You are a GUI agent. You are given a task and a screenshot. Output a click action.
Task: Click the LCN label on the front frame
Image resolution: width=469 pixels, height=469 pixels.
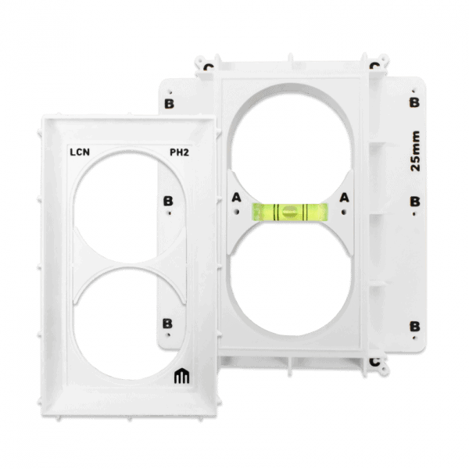click(x=80, y=152)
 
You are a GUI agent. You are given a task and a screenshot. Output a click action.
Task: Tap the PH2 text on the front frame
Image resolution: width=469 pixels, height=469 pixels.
click(x=180, y=152)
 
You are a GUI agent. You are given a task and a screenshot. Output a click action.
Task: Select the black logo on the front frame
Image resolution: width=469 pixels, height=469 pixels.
click(x=182, y=376)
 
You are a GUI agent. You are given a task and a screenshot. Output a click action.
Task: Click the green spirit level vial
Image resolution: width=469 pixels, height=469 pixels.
click(x=289, y=212)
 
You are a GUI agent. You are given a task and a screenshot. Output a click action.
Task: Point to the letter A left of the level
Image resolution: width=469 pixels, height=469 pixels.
click(x=236, y=198)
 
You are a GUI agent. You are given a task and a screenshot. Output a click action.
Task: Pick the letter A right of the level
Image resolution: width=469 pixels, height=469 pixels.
click(x=344, y=198)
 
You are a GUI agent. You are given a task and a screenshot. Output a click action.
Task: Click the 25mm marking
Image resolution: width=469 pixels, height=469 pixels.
click(x=415, y=151)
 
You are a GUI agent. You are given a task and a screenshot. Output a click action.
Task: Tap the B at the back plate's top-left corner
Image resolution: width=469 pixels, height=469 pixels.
click(x=170, y=104)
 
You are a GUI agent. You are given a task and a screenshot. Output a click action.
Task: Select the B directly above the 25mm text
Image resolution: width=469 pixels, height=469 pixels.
click(x=414, y=102)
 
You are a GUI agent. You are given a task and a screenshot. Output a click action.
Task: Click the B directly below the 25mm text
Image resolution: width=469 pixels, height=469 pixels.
click(x=415, y=202)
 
